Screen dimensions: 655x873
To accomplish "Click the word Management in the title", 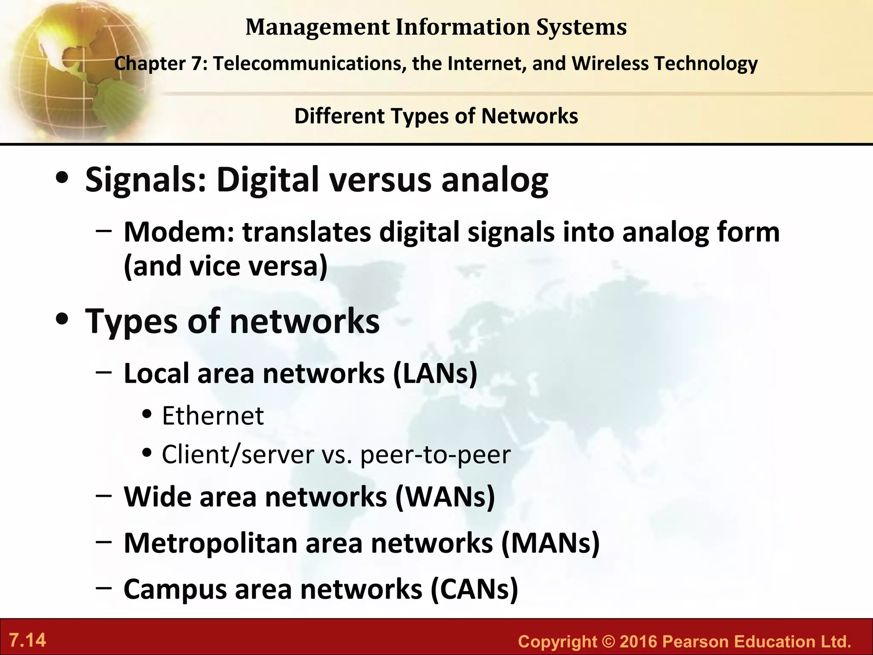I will tap(318, 27).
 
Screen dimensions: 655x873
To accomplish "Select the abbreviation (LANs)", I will tap(435, 374).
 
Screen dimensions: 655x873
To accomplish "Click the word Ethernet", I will tap(213, 416).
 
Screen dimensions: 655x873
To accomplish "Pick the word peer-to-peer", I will tap(435, 455).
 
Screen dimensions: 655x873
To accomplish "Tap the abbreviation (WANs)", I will tap(445, 497).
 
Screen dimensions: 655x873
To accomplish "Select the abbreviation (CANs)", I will tap(474, 590).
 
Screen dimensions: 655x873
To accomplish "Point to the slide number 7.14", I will tap(28, 641).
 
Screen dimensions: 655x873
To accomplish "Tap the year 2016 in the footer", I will tap(639, 642).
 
